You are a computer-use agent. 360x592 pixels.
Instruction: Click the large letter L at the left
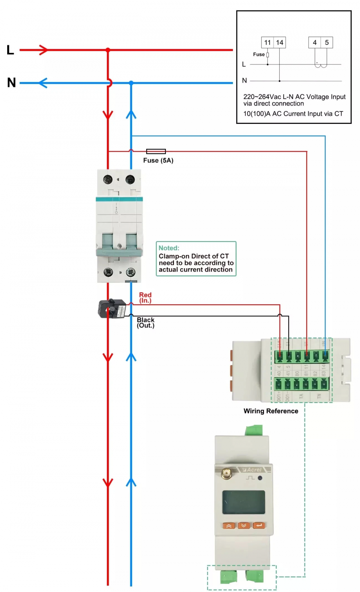10,50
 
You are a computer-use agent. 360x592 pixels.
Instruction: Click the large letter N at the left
12,82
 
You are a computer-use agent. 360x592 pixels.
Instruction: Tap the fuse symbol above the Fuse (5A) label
156,151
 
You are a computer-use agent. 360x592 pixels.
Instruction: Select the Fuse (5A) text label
158,161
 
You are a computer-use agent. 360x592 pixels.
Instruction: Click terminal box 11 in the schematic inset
267,42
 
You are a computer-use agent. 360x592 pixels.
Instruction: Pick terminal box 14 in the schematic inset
280,42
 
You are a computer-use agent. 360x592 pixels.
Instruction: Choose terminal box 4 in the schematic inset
315,42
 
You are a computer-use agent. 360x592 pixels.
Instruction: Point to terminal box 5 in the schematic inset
327,42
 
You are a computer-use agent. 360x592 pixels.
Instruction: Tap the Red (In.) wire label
145,298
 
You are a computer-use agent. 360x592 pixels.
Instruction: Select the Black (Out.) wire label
145,323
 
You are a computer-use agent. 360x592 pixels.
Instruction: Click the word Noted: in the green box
169,248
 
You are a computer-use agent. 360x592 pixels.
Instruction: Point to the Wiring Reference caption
271,411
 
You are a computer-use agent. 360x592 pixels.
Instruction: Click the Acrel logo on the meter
254,470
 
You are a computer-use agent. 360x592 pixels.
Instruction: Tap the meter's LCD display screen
243,502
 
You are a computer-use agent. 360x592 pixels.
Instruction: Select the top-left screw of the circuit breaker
108,179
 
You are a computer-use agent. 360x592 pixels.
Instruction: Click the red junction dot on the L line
108,50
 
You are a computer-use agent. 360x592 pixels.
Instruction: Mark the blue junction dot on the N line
131,83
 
